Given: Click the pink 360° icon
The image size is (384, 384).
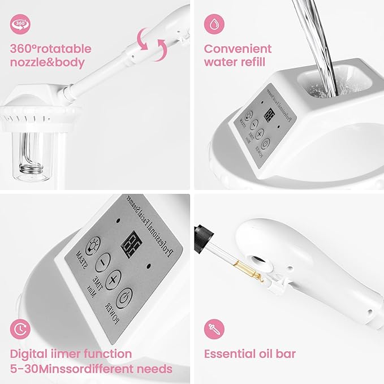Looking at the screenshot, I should coord(20,23).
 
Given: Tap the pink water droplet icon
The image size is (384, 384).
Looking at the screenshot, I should coord(214,23).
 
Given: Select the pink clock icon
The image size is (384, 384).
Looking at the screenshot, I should coord(20,329).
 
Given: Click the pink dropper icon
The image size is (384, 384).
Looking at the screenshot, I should coord(214,329).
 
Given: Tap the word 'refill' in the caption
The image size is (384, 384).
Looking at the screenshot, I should coord(249,62).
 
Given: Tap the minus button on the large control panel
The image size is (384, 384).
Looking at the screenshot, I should coord(103,261).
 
